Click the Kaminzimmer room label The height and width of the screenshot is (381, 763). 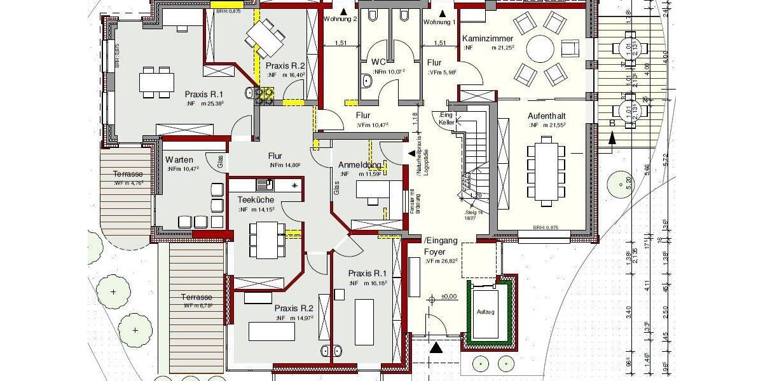click(488, 39)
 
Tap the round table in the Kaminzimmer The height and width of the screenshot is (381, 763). click(540, 47)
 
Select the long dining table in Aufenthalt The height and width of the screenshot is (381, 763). click(545, 171)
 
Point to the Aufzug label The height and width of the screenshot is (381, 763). click(486, 312)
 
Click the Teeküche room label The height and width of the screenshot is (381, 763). click(256, 199)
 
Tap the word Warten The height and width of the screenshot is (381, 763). click(179, 159)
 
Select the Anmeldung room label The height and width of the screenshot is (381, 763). click(359, 164)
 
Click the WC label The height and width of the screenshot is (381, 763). click(379, 62)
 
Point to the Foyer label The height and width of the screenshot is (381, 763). click(436, 251)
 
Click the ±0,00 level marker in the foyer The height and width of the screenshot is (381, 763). click(448, 296)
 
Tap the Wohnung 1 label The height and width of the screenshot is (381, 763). click(439, 22)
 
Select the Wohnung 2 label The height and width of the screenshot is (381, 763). click(340, 19)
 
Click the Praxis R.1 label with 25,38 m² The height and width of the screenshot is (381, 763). click(204, 93)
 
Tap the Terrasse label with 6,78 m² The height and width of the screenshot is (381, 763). click(196, 297)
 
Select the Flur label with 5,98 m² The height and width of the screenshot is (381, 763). click(435, 63)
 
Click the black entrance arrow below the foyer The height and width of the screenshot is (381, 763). click(436, 347)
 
